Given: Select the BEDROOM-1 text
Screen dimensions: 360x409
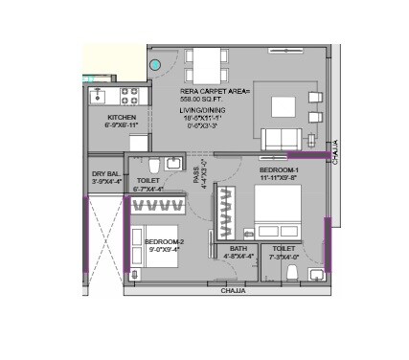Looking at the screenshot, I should [279, 169].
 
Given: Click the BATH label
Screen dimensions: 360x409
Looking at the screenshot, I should [238, 249].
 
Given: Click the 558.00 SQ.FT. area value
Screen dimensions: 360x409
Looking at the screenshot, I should [200, 99].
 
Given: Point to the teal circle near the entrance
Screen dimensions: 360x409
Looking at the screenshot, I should [156, 66].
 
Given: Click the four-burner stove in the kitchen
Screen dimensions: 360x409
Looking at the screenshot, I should [128, 96].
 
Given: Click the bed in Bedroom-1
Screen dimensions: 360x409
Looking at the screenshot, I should [279, 207].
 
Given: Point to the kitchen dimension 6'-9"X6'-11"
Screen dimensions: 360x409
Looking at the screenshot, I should [122, 124].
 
